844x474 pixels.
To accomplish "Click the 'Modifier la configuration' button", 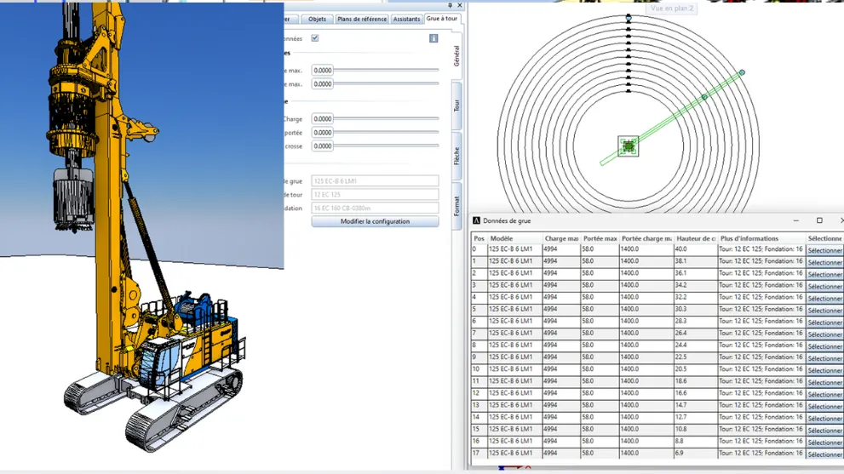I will pyautogui.click(x=375, y=221).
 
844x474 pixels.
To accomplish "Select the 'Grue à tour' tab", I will pyautogui.click(x=441, y=18).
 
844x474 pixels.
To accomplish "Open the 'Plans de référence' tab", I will pyautogui.click(x=362, y=19).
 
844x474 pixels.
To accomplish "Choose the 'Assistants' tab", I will pyautogui.click(x=406, y=19).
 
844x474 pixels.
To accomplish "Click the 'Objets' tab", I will pyautogui.click(x=317, y=19).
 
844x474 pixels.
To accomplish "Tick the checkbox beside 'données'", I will pyautogui.click(x=315, y=38).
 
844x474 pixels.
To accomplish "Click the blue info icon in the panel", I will pyautogui.click(x=433, y=38).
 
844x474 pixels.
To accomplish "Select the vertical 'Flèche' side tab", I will pyautogui.click(x=456, y=156).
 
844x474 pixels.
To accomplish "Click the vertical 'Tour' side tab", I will pyautogui.click(x=456, y=106).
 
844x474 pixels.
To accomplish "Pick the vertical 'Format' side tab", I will pyautogui.click(x=456, y=206).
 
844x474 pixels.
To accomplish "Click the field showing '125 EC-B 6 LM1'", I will pyautogui.click(x=375, y=181).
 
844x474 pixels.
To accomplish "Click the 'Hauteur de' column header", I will pyautogui.click(x=695, y=238).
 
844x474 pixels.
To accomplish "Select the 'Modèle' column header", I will pyautogui.click(x=514, y=238).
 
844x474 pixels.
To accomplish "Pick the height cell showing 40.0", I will pyautogui.click(x=694, y=250).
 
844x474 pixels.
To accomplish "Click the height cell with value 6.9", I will pyautogui.click(x=694, y=454).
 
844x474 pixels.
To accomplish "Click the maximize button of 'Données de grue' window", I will pyautogui.click(x=819, y=220).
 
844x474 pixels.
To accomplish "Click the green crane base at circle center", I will pyautogui.click(x=629, y=146).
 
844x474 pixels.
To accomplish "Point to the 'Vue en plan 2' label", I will pyautogui.click(x=672, y=9).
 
